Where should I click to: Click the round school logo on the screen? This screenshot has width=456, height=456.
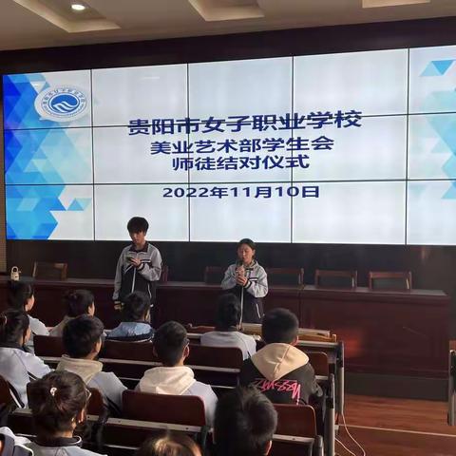[61, 103]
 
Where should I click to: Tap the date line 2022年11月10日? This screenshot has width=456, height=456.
[240, 191]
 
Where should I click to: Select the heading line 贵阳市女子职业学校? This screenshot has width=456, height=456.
[245, 123]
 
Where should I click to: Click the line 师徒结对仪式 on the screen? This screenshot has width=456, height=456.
[241, 162]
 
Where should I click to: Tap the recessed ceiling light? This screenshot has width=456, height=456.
[78, 7]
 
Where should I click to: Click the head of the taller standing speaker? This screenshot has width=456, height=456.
[138, 228]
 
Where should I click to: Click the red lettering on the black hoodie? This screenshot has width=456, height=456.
[275, 387]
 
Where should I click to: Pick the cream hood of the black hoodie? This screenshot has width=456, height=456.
[281, 358]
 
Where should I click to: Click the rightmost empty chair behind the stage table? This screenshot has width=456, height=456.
[389, 279]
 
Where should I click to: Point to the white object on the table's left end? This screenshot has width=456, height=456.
[15, 274]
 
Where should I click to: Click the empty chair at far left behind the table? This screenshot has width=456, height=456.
[49, 270]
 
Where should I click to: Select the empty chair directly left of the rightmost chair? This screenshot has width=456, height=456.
[335, 277]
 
